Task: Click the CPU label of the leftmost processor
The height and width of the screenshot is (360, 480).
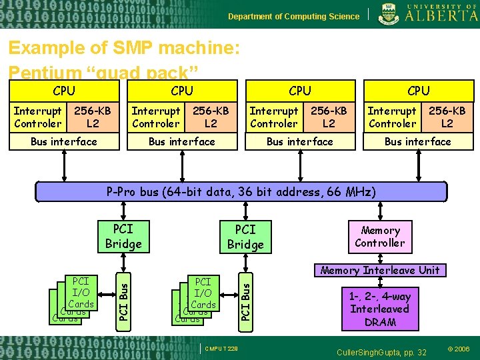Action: point(64,91)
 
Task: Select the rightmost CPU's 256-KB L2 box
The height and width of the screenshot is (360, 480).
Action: point(447,117)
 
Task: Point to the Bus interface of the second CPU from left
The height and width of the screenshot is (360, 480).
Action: point(182,141)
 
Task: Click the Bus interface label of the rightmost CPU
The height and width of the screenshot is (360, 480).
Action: point(418,141)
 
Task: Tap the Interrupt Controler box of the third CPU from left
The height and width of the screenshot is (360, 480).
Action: point(273,117)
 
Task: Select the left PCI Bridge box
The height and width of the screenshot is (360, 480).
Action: point(123,236)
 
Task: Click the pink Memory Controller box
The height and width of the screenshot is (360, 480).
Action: point(380,237)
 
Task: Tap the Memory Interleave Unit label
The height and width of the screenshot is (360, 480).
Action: point(380,270)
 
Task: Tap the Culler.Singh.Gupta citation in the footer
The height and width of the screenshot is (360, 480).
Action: point(381,351)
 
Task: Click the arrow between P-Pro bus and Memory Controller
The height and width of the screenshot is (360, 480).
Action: point(380,211)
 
